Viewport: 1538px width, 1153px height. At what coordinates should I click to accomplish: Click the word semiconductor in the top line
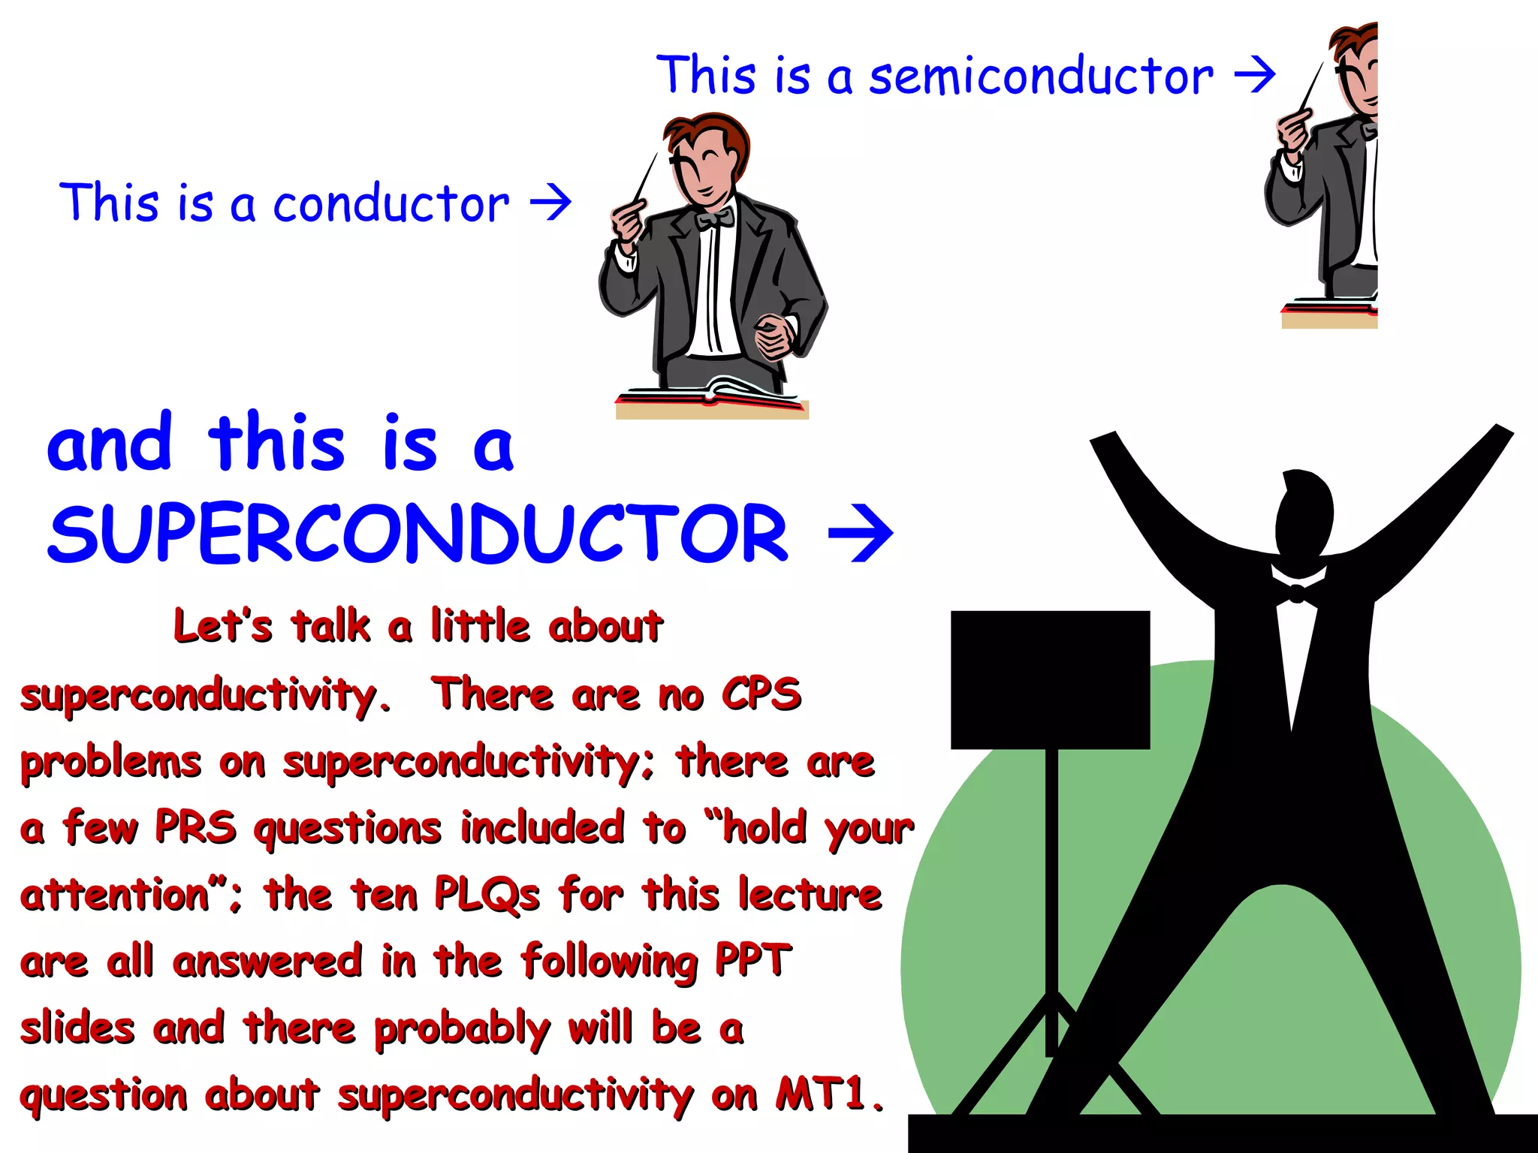pos(1041,77)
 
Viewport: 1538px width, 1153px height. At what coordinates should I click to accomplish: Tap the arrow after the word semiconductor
pos(1255,75)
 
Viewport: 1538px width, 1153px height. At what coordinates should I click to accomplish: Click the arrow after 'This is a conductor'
pos(550,202)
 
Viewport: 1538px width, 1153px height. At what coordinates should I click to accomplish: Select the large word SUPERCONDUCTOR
pos(418,534)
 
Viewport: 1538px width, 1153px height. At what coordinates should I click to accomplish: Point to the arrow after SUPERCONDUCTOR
pos(861,534)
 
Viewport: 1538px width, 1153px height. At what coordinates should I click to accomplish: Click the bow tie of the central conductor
pos(714,218)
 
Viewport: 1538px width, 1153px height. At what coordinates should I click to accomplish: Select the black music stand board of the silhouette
pos(1050,679)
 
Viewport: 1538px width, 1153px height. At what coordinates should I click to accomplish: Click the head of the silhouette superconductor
pos(1305,510)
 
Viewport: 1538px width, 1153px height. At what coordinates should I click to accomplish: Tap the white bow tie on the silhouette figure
pos(1297,593)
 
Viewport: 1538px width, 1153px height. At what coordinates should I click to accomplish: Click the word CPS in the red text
pos(761,694)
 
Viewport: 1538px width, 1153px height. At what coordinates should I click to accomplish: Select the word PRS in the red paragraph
pos(195,827)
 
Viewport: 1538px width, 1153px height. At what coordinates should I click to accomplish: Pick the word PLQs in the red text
pos(487,895)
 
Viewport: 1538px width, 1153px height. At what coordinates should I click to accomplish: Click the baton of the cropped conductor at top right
pos(1312,86)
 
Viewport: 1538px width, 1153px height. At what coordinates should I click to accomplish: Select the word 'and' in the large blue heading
pos(110,444)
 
